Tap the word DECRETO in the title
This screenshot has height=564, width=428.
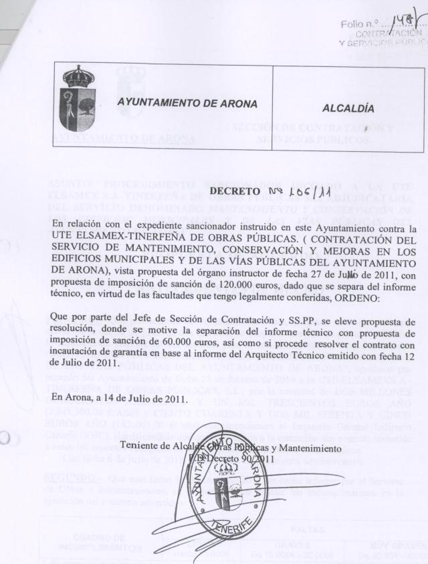click(x=235, y=193)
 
